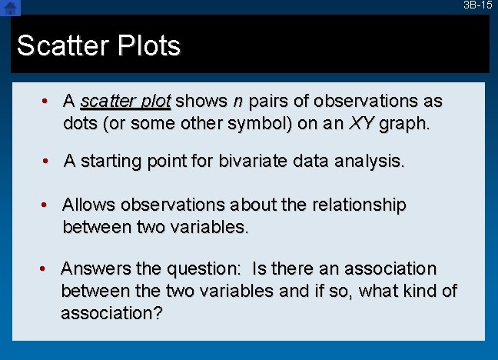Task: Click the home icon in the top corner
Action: [x=10, y=8]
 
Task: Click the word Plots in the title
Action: [x=144, y=46]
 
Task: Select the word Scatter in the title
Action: [x=60, y=46]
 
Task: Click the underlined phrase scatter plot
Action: [x=127, y=102]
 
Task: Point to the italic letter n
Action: [x=238, y=102]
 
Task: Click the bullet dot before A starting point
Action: [x=47, y=161]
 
